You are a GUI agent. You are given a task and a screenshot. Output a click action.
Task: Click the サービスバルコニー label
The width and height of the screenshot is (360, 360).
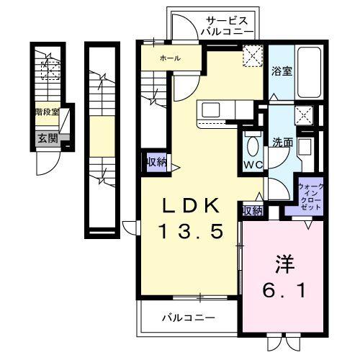227,27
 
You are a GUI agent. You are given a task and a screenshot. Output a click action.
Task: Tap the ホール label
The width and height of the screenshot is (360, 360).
170,58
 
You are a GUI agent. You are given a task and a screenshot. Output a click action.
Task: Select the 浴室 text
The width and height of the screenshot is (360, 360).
282,71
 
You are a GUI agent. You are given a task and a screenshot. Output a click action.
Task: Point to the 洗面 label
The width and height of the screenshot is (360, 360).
282,142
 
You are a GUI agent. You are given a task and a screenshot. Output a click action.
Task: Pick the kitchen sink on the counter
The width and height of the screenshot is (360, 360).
212,109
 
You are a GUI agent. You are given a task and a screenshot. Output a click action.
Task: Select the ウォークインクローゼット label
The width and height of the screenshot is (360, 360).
310,197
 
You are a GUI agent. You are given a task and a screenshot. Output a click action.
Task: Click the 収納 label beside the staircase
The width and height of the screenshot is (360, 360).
156,162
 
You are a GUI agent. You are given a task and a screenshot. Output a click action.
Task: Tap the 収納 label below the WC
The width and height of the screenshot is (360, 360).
251,210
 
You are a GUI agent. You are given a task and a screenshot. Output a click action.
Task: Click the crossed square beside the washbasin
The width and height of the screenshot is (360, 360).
305,114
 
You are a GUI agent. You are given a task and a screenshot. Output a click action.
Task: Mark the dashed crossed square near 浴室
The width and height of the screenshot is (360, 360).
253,56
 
